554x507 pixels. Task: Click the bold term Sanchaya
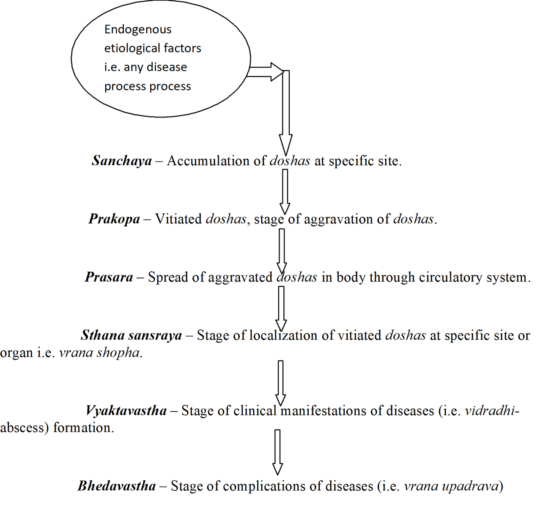(122, 161)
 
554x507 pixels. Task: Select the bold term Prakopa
(114, 219)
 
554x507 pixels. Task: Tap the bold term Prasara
(109, 277)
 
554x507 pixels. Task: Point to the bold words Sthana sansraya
(132, 335)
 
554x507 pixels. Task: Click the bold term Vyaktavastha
(126, 411)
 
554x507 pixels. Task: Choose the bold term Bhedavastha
(117, 486)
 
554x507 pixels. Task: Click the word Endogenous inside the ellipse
(138, 30)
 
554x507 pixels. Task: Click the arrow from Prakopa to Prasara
(282, 249)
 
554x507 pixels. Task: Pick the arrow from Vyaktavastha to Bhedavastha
(277, 451)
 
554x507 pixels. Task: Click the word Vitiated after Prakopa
(178, 219)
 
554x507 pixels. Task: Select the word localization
(283, 335)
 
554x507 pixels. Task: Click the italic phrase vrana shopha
(99, 352)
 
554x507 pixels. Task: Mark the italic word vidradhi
(490, 411)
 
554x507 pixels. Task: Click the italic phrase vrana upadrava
(451, 486)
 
